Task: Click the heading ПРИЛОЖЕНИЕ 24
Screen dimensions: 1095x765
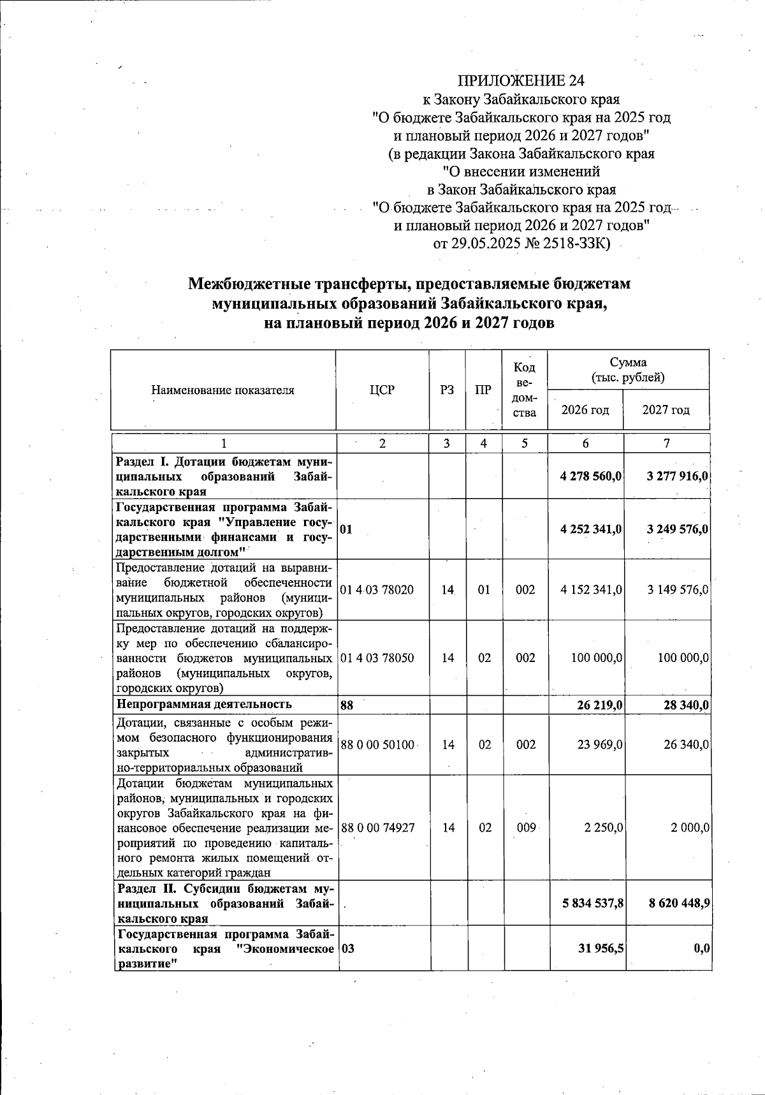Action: pos(521,81)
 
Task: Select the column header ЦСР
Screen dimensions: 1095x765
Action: pos(382,390)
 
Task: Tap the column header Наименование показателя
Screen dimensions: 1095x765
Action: pos(222,390)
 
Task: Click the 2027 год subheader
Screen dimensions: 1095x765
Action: pos(666,409)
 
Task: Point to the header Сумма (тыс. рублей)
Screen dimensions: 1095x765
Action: pos(628,370)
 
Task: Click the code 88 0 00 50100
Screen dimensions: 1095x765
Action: pos(377,744)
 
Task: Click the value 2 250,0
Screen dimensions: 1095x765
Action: pos(603,827)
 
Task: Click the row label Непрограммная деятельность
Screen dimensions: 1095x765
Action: pos(203,704)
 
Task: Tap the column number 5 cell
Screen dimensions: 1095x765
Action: pos(525,444)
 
